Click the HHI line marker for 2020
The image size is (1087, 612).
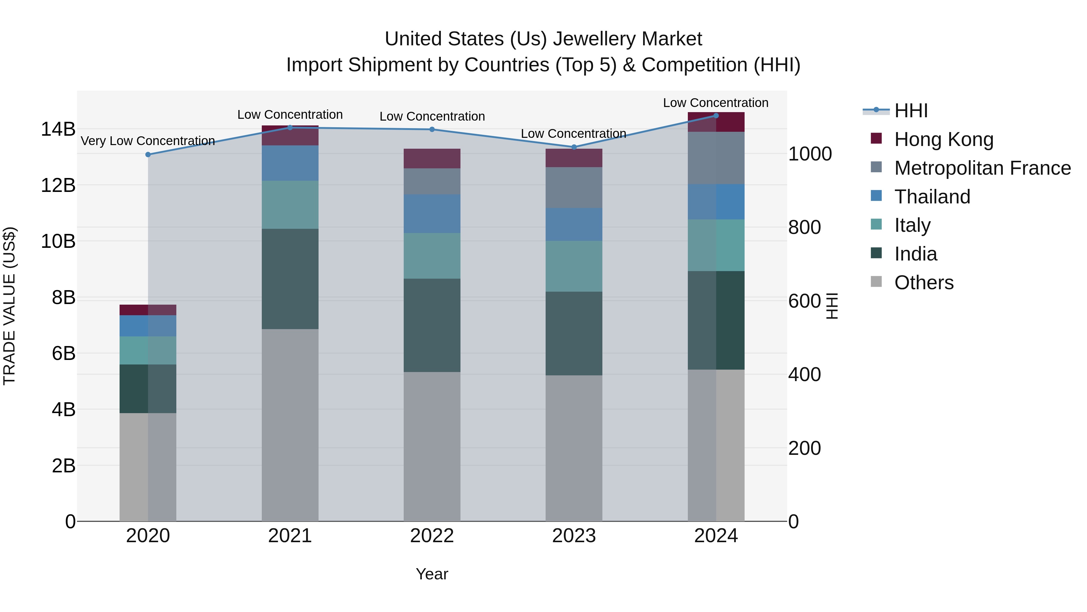click(x=148, y=154)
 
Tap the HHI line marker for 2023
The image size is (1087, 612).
click(x=574, y=147)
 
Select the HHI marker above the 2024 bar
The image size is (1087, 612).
click(x=716, y=116)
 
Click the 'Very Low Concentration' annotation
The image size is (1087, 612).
click(x=148, y=141)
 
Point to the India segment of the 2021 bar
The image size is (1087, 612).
click(x=290, y=279)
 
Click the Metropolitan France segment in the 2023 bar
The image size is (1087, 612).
click(x=574, y=187)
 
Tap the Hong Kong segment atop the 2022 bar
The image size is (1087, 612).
click(x=432, y=158)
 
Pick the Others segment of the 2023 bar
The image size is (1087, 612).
click(x=574, y=448)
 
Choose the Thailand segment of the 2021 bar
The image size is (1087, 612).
click(x=290, y=163)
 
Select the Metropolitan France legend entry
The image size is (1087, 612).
click(x=982, y=168)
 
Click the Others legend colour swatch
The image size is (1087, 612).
click(x=877, y=282)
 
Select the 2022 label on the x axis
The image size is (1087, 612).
click(x=432, y=536)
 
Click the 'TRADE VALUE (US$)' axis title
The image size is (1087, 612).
click(x=9, y=306)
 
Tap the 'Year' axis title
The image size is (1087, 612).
click(x=432, y=574)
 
